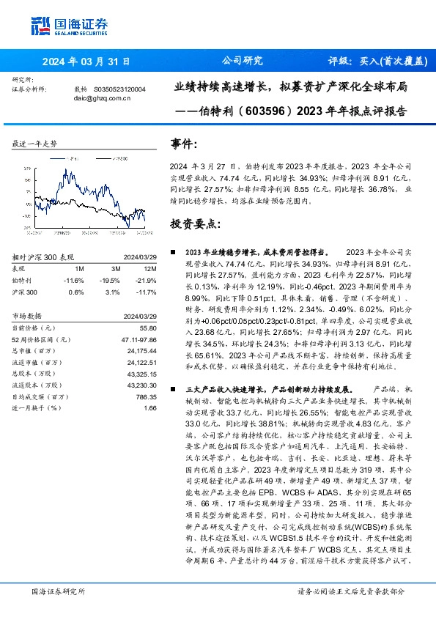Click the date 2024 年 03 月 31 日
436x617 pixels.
86,62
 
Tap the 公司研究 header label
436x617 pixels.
241,61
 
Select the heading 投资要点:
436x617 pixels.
194,223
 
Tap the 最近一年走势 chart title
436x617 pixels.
34,144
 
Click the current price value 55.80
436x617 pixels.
149,328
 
